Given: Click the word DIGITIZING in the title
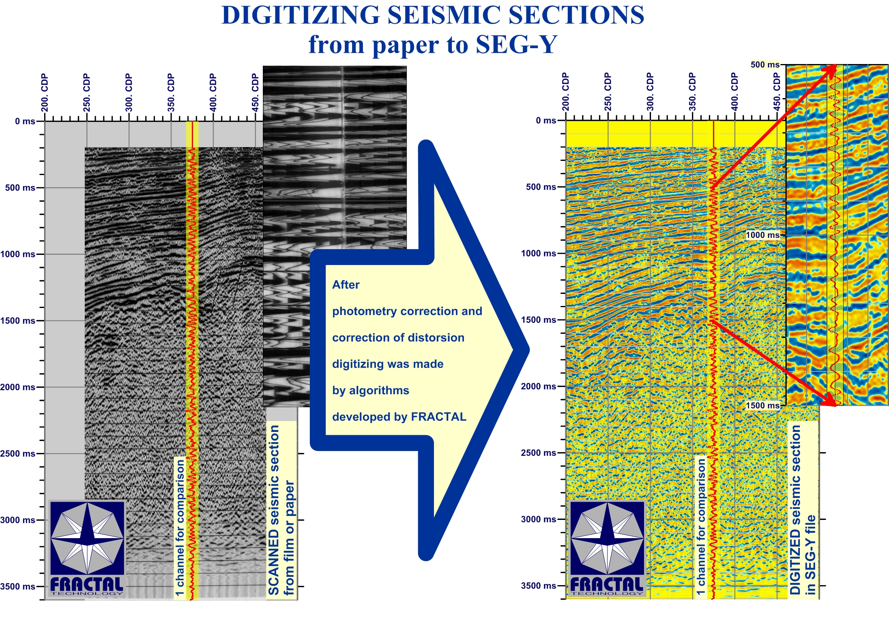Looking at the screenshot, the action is coord(301,15).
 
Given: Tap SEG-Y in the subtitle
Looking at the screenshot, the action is coord(517,44).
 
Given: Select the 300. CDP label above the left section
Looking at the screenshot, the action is coord(129,92).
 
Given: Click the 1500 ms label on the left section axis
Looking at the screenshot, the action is coord(18,321).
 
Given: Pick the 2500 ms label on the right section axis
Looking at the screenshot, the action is coord(539,453).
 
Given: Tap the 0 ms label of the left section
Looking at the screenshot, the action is coord(25,121).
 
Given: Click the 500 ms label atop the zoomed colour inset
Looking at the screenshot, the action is coord(765,64).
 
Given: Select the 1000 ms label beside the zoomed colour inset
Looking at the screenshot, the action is coord(763,235).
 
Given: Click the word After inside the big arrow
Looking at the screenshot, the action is coord(346,284).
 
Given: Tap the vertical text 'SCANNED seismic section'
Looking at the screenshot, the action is coord(274,510).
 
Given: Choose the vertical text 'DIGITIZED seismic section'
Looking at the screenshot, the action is coord(795,510).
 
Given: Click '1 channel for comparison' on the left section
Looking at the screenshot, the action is coord(180,527).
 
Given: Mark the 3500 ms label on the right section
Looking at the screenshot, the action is coord(539,586).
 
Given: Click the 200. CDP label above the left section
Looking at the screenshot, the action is coord(44,92).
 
